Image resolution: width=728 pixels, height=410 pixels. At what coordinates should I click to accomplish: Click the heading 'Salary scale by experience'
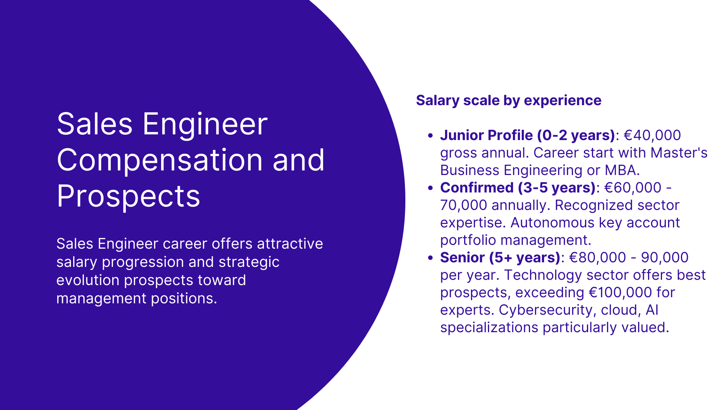click(x=508, y=101)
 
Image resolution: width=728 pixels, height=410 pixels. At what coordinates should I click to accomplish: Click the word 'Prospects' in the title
click(x=128, y=196)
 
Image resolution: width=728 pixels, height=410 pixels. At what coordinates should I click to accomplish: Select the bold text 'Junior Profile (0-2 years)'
click(x=527, y=136)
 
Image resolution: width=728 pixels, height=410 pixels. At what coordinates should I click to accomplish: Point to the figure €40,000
click(x=652, y=136)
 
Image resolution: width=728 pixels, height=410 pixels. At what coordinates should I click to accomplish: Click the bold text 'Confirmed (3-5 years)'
click(x=518, y=188)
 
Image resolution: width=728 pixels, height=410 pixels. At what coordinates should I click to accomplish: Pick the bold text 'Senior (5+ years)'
click(x=500, y=258)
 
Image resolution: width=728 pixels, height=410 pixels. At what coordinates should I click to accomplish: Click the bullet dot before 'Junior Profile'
click(x=430, y=136)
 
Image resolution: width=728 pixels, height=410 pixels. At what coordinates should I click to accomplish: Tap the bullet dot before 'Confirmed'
click(x=430, y=188)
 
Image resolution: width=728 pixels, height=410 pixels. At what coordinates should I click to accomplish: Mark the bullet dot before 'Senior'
click(x=430, y=258)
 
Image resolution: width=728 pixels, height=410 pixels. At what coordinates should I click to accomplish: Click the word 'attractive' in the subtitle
click(x=290, y=244)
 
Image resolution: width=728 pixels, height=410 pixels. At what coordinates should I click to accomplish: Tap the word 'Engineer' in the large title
click(x=205, y=124)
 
